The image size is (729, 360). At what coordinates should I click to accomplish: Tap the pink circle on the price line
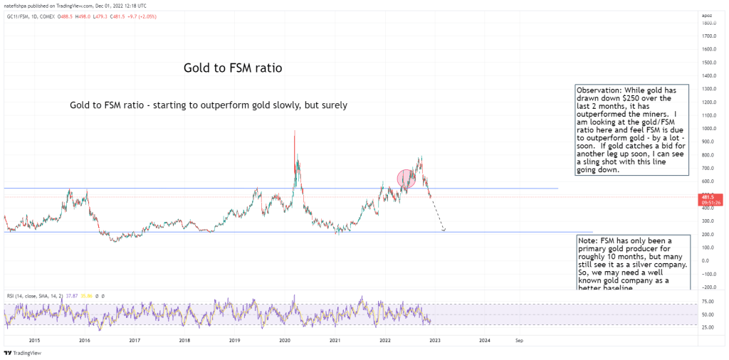pos(406,179)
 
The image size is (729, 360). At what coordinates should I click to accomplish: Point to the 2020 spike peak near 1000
pos(294,131)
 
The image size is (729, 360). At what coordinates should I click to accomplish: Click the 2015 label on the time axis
pos(34,340)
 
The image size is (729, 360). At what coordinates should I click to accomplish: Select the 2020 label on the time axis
pos(284,340)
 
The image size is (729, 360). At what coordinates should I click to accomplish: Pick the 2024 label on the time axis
pos(484,340)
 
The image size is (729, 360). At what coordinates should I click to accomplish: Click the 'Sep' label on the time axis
pos(519,340)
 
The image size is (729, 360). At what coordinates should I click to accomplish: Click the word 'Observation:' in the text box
pos(599,92)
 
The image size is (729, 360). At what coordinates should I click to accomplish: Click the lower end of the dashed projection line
pos(444,231)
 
